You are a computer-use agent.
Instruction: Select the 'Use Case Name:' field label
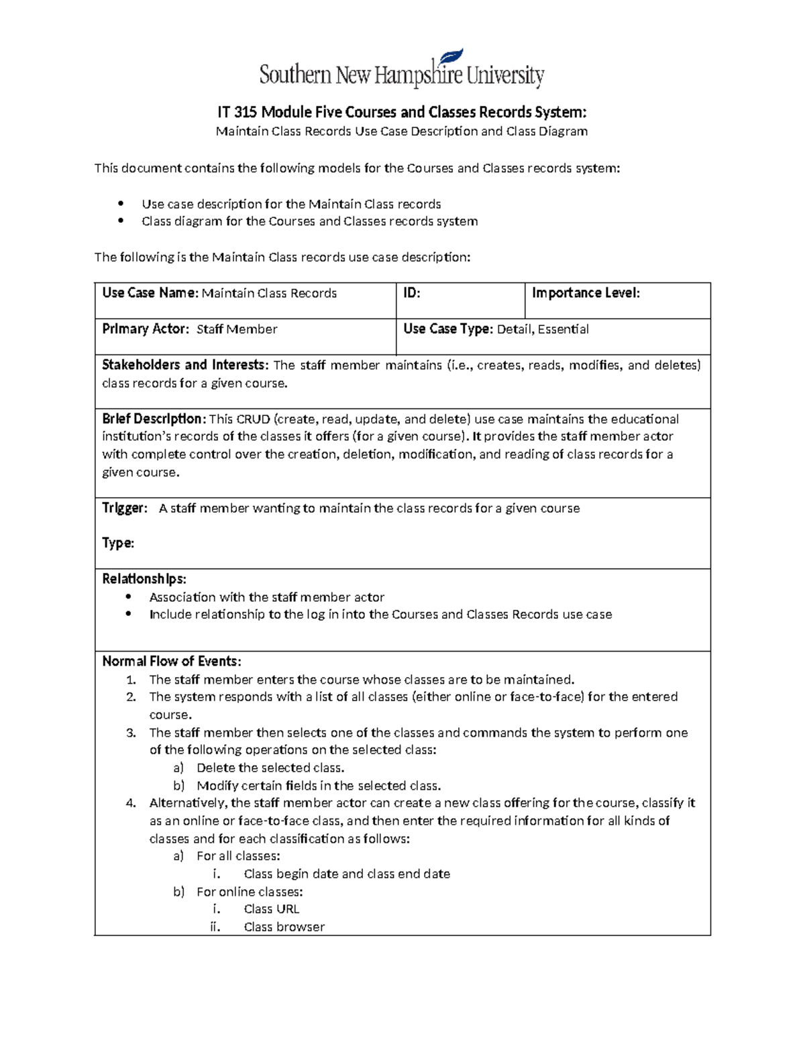[150, 293]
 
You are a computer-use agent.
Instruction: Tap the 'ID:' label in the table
[411, 293]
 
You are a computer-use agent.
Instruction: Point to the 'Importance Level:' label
[586, 293]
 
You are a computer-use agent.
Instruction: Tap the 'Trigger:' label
[124, 508]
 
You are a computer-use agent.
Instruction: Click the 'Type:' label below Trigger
[117, 543]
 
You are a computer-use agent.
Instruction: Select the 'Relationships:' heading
[144, 579]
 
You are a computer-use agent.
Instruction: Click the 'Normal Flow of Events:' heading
[171, 662]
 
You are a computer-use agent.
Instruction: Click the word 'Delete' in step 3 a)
[215, 768]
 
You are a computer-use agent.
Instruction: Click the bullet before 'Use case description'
[121, 204]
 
